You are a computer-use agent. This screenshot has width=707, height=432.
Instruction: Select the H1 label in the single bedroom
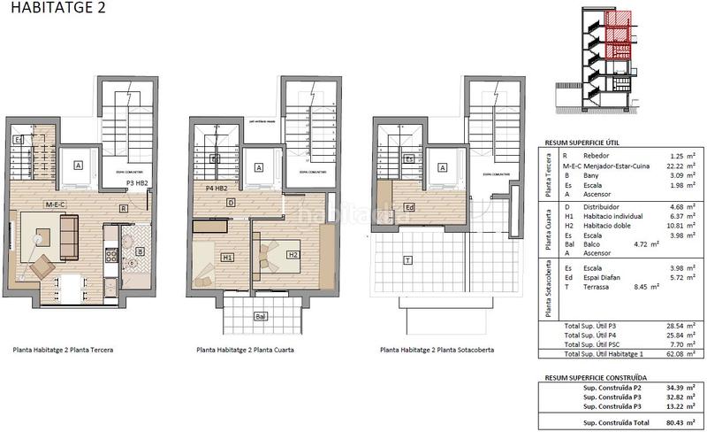(227, 258)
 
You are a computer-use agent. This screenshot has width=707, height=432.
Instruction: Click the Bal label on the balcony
(260, 316)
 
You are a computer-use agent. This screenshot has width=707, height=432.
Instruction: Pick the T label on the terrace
(407, 260)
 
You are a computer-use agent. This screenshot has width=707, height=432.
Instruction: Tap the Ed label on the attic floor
(409, 208)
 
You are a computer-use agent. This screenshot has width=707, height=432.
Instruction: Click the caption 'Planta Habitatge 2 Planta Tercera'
(63, 350)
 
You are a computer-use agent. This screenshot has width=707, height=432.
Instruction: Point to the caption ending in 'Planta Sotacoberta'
(437, 350)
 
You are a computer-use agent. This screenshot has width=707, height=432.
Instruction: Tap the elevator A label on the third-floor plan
(79, 165)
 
